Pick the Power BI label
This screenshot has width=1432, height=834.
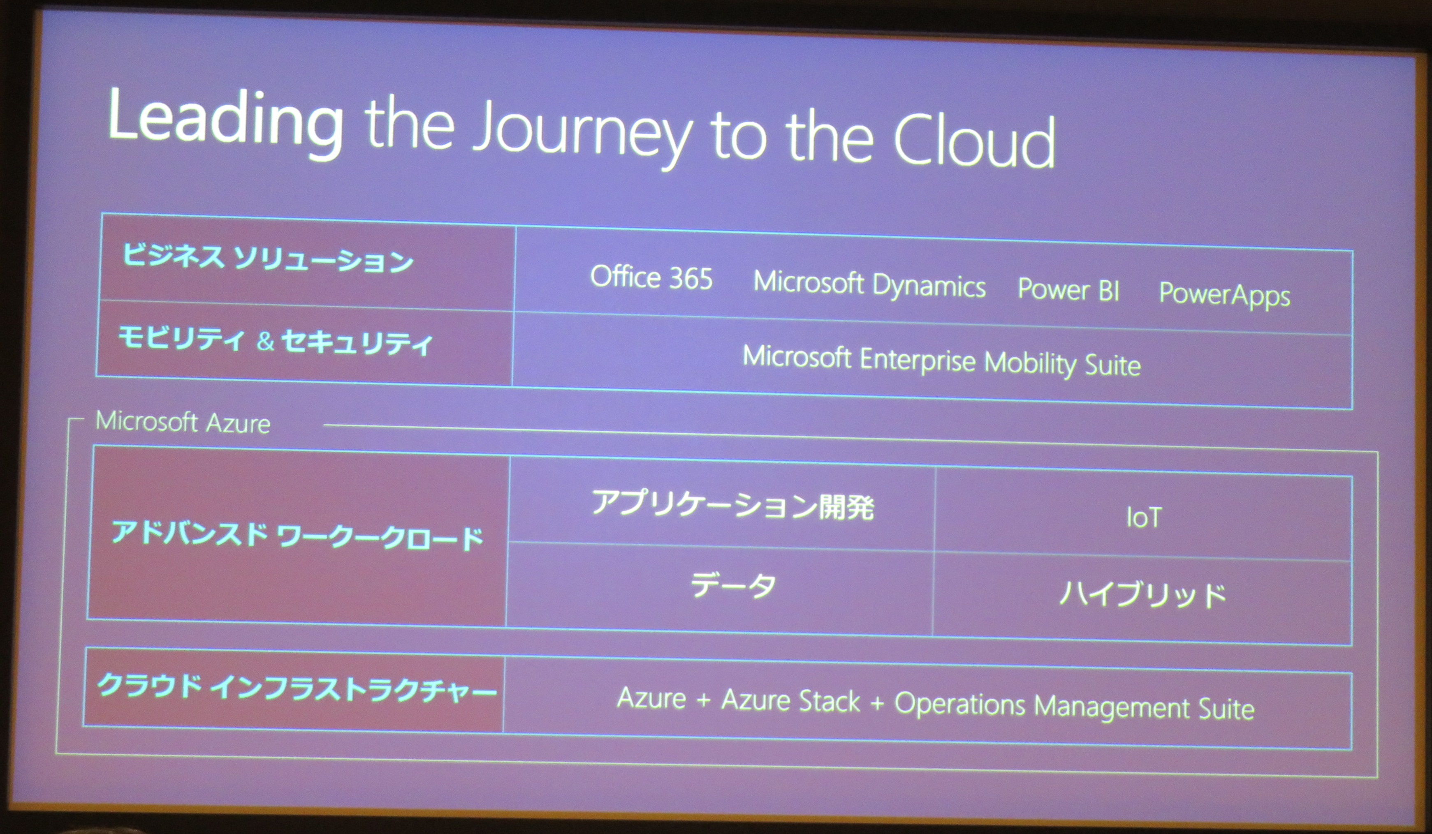coord(1068,290)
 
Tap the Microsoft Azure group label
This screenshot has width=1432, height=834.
coord(183,422)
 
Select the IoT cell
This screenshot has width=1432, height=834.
coord(1143,517)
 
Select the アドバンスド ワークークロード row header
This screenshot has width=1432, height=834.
coord(298,536)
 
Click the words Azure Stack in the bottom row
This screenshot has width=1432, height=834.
coord(790,700)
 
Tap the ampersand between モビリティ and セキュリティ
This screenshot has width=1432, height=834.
coord(265,342)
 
